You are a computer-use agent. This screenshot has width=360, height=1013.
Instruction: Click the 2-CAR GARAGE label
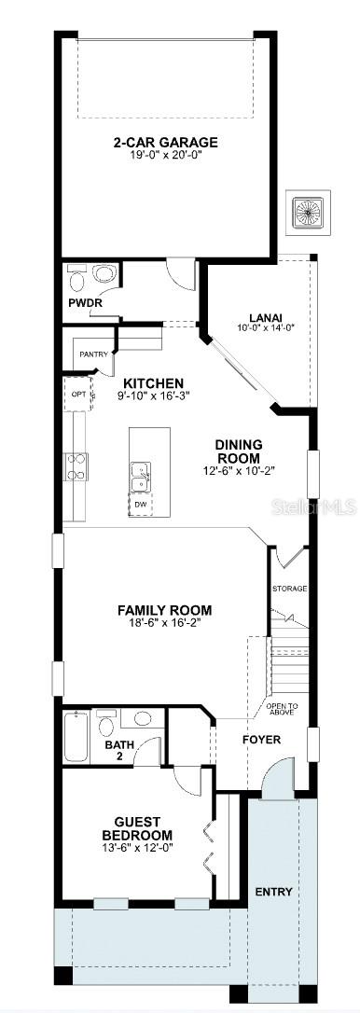pos(166,143)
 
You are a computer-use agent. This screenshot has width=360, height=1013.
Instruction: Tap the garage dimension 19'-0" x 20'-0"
pos(166,156)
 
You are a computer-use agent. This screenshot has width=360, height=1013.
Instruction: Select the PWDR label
pos(85,303)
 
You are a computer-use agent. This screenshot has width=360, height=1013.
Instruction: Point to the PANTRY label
pos(93,354)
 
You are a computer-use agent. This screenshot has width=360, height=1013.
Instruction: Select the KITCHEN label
pos(153,383)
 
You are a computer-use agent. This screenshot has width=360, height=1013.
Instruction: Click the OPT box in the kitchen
pos(78,395)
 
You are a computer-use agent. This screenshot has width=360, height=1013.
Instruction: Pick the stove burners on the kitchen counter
pos(75,466)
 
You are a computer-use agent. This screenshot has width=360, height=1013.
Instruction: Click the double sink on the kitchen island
pos(141,477)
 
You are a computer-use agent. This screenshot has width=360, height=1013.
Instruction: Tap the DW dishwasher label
pos(141,505)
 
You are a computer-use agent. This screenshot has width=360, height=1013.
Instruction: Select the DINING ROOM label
pos(239,451)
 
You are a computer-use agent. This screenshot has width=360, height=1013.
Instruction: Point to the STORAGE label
pos(289,589)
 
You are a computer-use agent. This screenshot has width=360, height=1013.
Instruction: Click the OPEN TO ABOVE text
pos(282,709)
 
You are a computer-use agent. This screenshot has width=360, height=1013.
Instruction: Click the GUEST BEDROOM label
pos(137,827)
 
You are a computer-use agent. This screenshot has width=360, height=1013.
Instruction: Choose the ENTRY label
pos(273,892)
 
